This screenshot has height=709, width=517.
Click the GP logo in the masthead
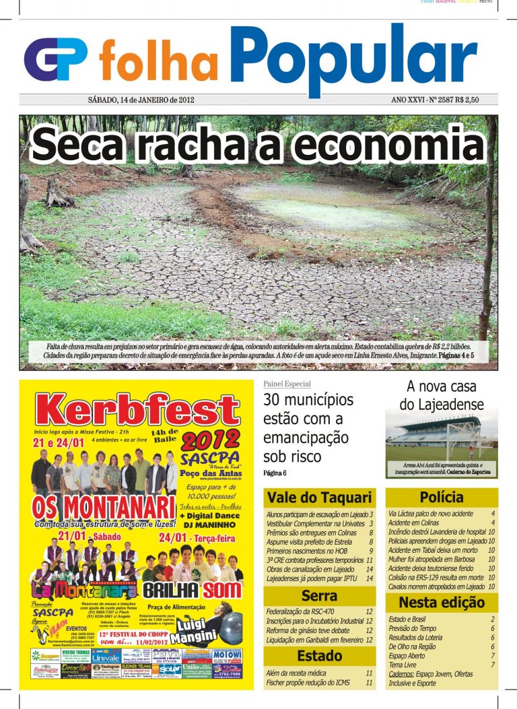(55, 60)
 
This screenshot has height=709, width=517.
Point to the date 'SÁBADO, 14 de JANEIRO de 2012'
(141, 100)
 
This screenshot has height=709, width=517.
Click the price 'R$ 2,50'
(467, 100)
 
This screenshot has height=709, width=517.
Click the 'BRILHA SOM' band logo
(192, 589)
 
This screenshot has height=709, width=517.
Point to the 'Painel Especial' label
(287, 384)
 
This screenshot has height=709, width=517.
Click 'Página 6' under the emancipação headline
(275, 473)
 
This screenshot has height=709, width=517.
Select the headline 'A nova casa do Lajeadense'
(441, 395)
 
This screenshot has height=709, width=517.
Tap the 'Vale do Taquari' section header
(319, 498)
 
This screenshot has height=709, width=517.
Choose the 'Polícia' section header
(441, 498)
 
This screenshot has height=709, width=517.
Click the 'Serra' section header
(319, 596)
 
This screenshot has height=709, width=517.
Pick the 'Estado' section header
(319, 656)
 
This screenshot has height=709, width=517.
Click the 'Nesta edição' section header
(441, 602)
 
